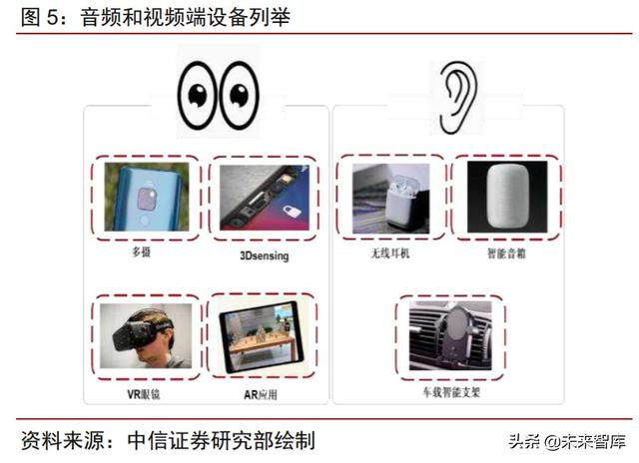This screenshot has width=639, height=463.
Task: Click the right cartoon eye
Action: pyautogui.click(x=238, y=91)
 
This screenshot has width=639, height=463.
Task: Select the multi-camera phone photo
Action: pyautogui.click(x=147, y=197)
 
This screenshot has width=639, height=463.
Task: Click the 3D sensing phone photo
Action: pyautogui.click(x=264, y=198)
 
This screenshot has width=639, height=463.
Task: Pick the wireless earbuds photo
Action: pyautogui.click(x=390, y=197)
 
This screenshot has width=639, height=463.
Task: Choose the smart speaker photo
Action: pyautogui.click(x=507, y=197)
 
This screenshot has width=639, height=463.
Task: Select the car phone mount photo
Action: pyautogui.click(x=450, y=335)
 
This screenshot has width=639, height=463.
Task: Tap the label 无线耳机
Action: pyautogui.click(x=390, y=253)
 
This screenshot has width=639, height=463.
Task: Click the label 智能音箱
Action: pyautogui.click(x=507, y=253)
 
